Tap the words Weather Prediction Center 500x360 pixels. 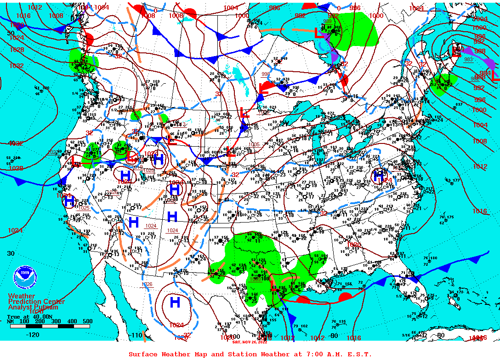[36, 299]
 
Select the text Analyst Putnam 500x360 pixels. [33, 307]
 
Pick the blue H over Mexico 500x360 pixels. [175, 302]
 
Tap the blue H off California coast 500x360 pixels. [69, 201]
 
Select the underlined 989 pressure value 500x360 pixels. [327, 21]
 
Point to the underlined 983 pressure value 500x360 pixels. [468, 59]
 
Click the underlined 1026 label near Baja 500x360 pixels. [147, 284]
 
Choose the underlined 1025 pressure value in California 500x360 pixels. [84, 208]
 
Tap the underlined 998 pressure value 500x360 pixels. [266, 74]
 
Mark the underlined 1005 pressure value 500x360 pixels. [254, 144]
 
